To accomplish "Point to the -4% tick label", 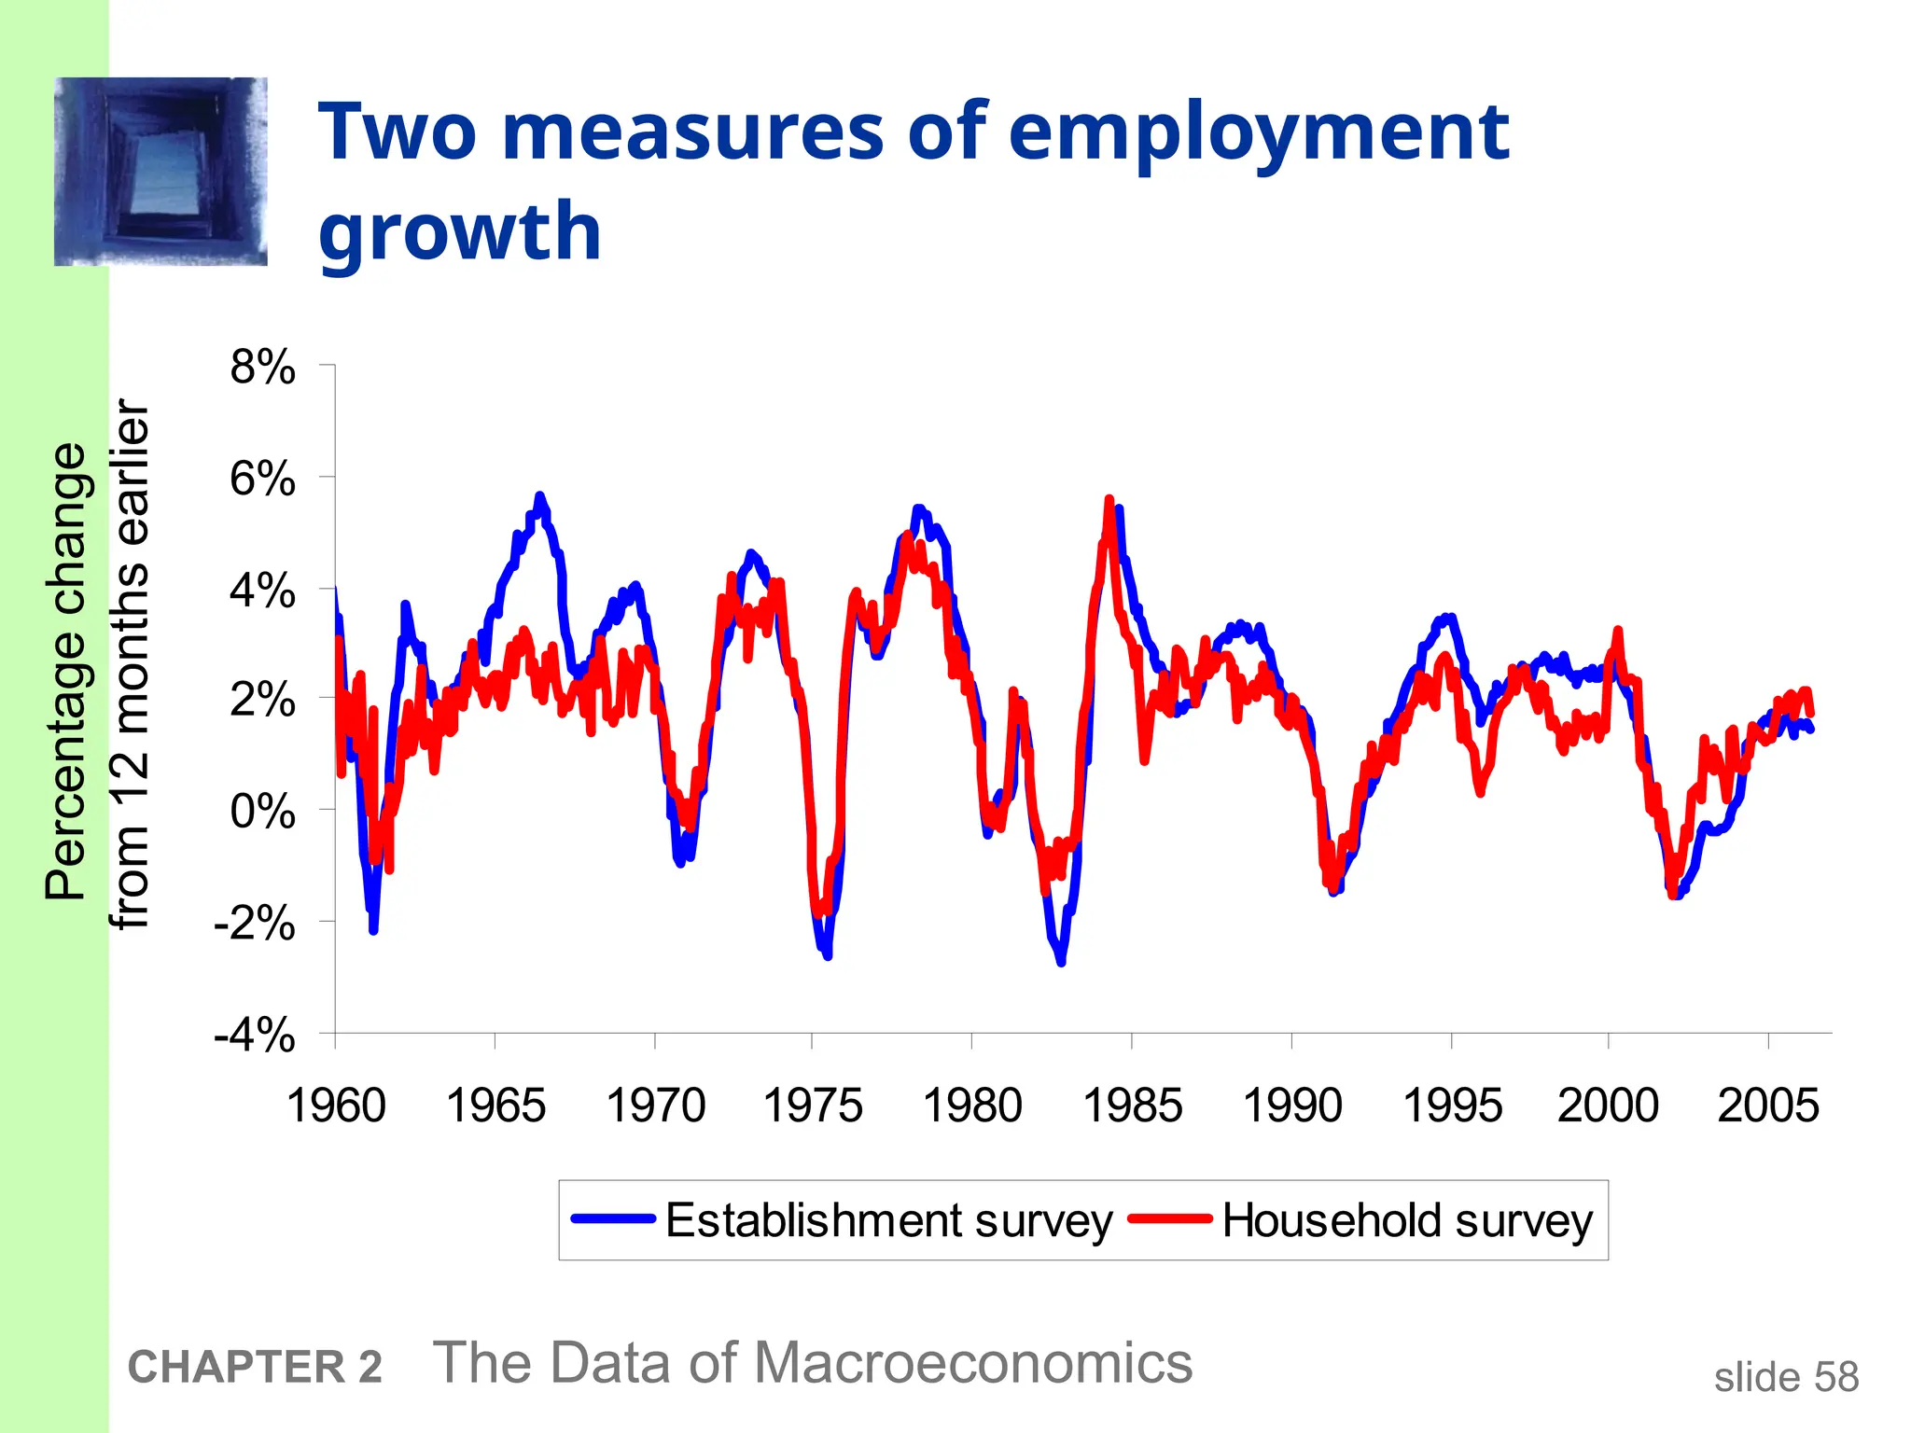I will tap(255, 1035).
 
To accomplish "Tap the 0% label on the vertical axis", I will tap(262, 812).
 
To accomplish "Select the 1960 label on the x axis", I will tap(336, 1106).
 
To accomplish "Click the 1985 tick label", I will tap(1132, 1106).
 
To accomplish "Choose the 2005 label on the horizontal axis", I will tap(1767, 1106).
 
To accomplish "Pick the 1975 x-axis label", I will tap(812, 1106).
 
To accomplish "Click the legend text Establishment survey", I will tap(888, 1220).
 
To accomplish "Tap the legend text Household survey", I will tap(1407, 1220).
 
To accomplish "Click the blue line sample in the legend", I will tap(613, 1218).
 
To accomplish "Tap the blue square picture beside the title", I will tap(160, 172).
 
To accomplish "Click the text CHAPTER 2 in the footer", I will tap(255, 1368).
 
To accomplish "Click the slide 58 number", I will tap(1786, 1377).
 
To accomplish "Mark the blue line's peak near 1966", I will tap(539, 495).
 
